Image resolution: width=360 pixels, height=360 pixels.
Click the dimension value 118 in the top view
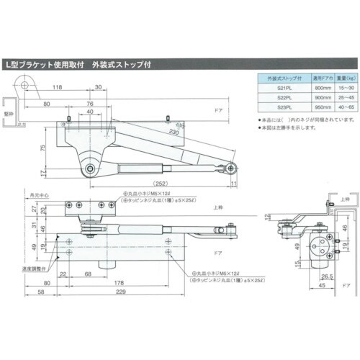[58, 89]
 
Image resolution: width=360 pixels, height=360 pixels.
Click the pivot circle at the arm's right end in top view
[230, 168]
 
